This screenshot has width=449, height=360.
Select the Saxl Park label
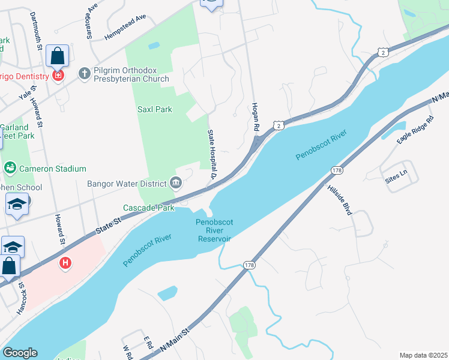pos(155,109)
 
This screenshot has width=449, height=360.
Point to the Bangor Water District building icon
pos(176,183)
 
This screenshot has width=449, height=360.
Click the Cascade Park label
pos(148,208)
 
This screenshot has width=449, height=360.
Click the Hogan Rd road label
pos(255,116)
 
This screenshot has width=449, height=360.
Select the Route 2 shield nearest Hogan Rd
pos(277,125)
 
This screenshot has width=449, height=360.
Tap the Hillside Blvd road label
pos(339,200)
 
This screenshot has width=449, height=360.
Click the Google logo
pos(19,353)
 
